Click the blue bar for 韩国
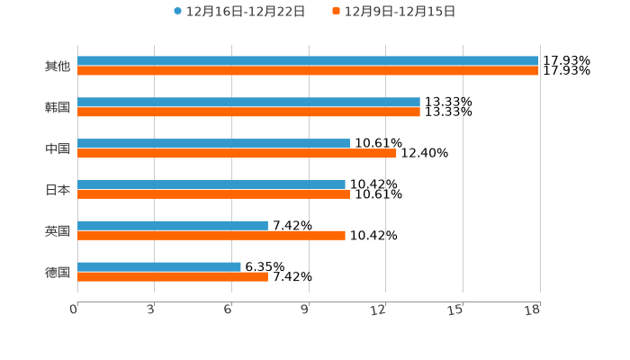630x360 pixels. pyautogui.click(x=248, y=103)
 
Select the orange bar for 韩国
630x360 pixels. pyautogui.click(x=248, y=112)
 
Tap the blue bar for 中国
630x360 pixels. pyautogui.click(x=213, y=143)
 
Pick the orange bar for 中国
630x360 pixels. pyautogui.click(x=237, y=154)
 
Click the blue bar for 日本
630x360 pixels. pyautogui.click(x=211, y=184)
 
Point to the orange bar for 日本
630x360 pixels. pyautogui.click(x=213, y=194)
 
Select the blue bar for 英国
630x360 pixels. pyautogui.click(x=173, y=225)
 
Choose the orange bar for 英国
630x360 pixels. pyautogui.click(x=211, y=236)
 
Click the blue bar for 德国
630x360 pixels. pyautogui.click(x=159, y=266)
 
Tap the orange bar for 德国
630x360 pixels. pyautogui.click(x=173, y=277)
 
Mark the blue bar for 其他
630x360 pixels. pyautogui.click(x=308, y=61)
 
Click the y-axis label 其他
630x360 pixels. pyautogui.click(x=58, y=67)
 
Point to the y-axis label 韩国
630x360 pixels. pyautogui.click(x=58, y=108)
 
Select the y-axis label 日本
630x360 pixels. pyautogui.click(x=58, y=190)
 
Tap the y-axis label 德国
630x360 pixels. pyautogui.click(x=58, y=272)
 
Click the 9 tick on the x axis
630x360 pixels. pyautogui.click(x=305, y=310)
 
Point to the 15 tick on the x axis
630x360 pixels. pyautogui.click(x=456, y=310)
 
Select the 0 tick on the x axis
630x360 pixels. pyautogui.click(x=74, y=310)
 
